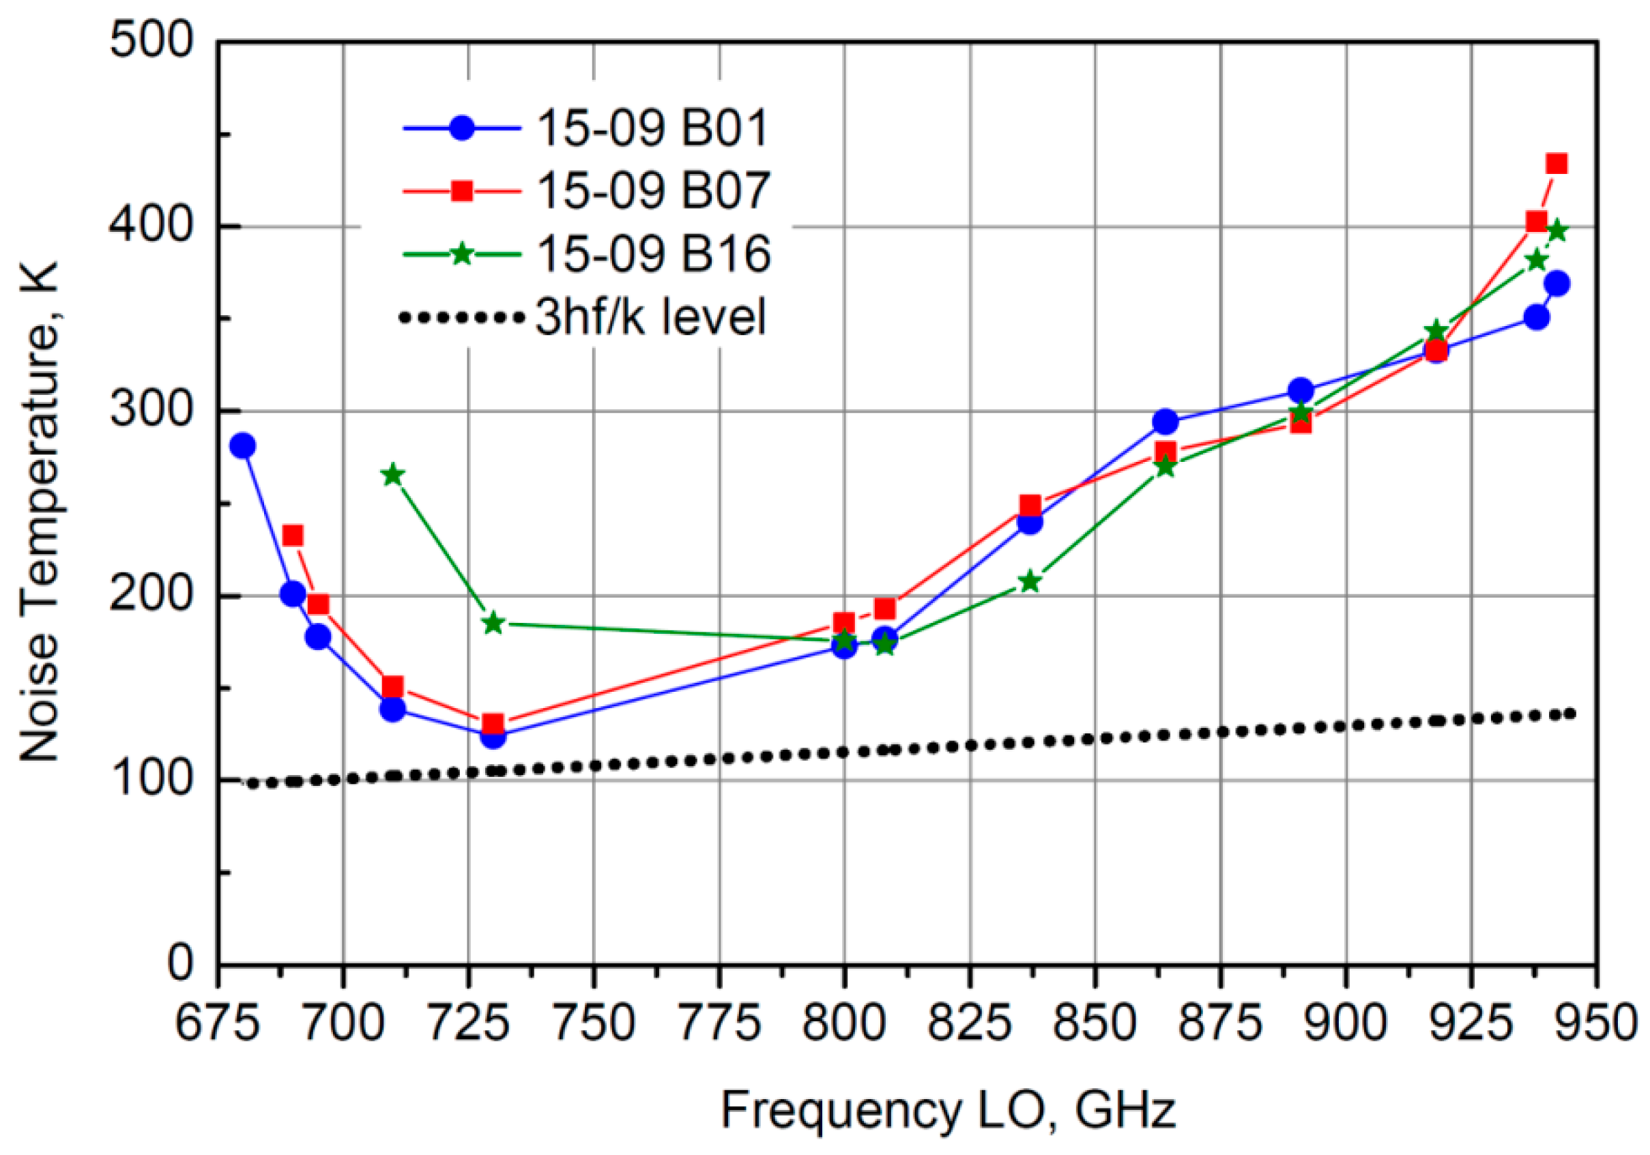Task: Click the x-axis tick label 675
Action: tap(217, 1023)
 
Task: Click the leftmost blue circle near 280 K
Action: tap(243, 446)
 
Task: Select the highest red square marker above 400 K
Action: tap(1557, 164)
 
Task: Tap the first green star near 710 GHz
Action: tap(392, 475)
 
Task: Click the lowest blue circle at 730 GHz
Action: tap(492, 735)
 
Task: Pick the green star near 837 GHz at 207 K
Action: tap(1030, 581)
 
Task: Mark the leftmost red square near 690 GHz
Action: tap(293, 536)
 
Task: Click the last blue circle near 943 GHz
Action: tap(1557, 284)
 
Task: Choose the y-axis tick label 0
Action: tap(180, 962)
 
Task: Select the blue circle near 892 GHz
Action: tap(1301, 392)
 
